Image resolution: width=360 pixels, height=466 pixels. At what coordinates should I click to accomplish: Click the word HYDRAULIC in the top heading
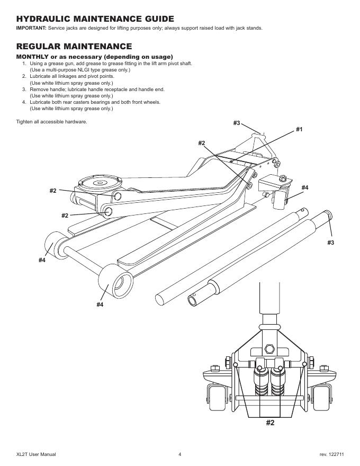point(43,19)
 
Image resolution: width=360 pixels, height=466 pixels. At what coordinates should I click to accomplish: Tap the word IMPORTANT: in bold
point(31,28)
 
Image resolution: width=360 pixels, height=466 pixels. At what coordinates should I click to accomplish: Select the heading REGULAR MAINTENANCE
point(74,47)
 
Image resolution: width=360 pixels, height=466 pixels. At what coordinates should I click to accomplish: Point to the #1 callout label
point(299,129)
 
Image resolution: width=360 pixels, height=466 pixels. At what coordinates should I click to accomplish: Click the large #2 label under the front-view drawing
point(270,423)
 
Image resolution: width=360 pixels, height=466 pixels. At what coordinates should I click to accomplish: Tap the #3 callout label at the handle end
point(330,243)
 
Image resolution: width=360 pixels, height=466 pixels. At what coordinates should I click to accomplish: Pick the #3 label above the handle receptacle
point(237,123)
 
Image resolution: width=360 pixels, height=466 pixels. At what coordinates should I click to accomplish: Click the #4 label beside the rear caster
point(305,187)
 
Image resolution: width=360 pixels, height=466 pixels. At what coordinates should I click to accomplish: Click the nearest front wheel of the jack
point(115,281)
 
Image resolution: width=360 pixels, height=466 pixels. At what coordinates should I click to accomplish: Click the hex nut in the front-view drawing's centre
point(269,348)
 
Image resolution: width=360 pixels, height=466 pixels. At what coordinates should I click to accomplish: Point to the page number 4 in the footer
point(179,454)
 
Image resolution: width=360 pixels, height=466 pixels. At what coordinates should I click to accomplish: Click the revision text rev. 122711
point(332,454)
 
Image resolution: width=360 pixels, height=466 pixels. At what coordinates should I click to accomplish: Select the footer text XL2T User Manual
point(36,454)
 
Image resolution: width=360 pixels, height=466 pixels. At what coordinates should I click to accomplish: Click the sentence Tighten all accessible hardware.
point(52,122)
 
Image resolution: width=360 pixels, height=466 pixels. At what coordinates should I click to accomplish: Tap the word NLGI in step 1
point(79,70)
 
